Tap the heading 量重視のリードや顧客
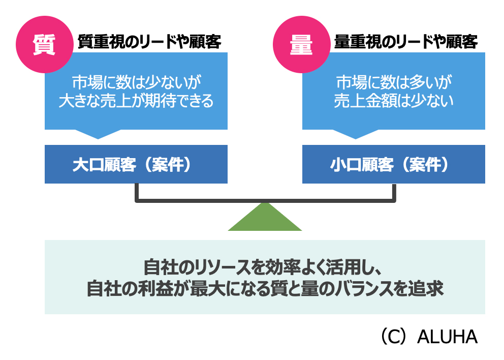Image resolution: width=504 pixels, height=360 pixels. [x=406, y=42]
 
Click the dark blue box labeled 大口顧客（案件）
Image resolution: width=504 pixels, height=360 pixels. [x=136, y=164]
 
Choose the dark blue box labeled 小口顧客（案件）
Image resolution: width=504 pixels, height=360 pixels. [x=394, y=164]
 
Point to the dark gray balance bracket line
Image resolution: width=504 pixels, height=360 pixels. [x=265, y=200]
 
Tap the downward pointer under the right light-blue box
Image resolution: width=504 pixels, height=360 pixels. [x=356, y=133]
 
